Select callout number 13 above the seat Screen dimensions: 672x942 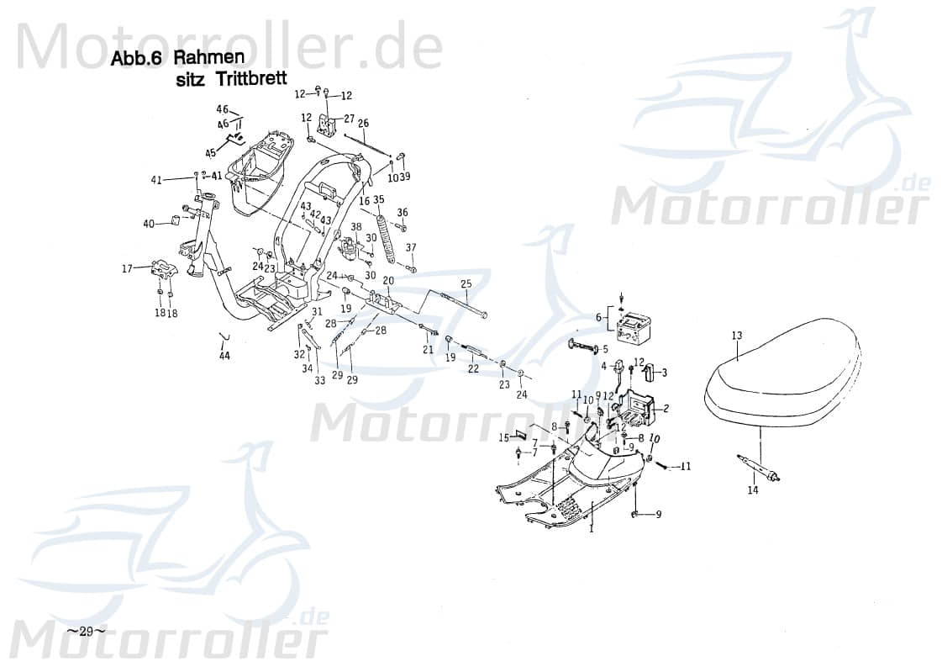click(x=736, y=336)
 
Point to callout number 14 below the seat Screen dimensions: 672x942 click(x=752, y=489)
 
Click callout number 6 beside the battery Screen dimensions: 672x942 click(x=598, y=318)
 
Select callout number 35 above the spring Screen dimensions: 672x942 click(x=378, y=199)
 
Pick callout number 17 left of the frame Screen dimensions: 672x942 click(x=127, y=269)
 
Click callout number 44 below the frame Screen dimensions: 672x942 click(x=224, y=356)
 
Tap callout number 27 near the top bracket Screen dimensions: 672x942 click(x=350, y=119)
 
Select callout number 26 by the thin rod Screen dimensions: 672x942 click(x=363, y=123)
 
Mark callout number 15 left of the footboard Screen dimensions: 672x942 click(x=503, y=437)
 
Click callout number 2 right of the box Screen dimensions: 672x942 click(x=666, y=409)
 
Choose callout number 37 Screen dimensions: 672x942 click(x=411, y=247)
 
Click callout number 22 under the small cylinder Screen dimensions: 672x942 click(x=473, y=368)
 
